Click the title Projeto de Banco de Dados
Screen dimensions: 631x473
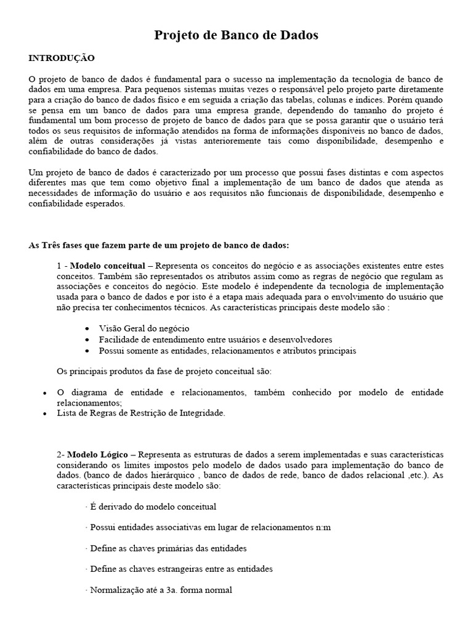coord(236,36)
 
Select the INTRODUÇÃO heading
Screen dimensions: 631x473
coord(62,58)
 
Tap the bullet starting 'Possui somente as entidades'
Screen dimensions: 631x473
coord(227,351)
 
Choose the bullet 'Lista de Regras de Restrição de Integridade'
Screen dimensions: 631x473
coord(141,413)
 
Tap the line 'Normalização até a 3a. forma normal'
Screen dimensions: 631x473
coord(158,590)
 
